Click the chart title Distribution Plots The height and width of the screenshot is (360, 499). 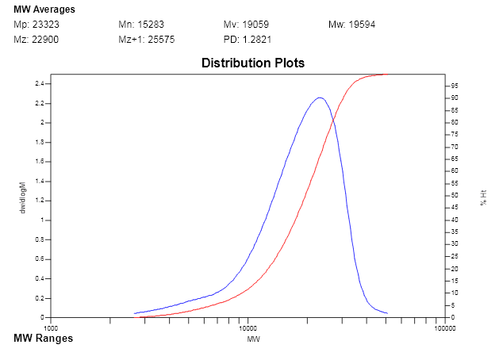pyautogui.click(x=252, y=63)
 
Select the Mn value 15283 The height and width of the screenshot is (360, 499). pyautogui.click(x=149, y=25)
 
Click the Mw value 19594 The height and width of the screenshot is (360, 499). pyautogui.click(x=362, y=25)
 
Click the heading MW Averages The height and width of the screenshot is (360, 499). pyautogui.click(x=45, y=10)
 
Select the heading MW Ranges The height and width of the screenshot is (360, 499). pyautogui.click(x=44, y=339)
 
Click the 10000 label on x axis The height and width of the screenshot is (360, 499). pyautogui.click(x=248, y=327)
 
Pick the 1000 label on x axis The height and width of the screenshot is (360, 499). pyautogui.click(x=52, y=327)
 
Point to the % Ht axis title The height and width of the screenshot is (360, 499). pyautogui.click(x=483, y=197)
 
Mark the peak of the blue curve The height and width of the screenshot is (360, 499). pyautogui.click(x=320, y=98)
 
